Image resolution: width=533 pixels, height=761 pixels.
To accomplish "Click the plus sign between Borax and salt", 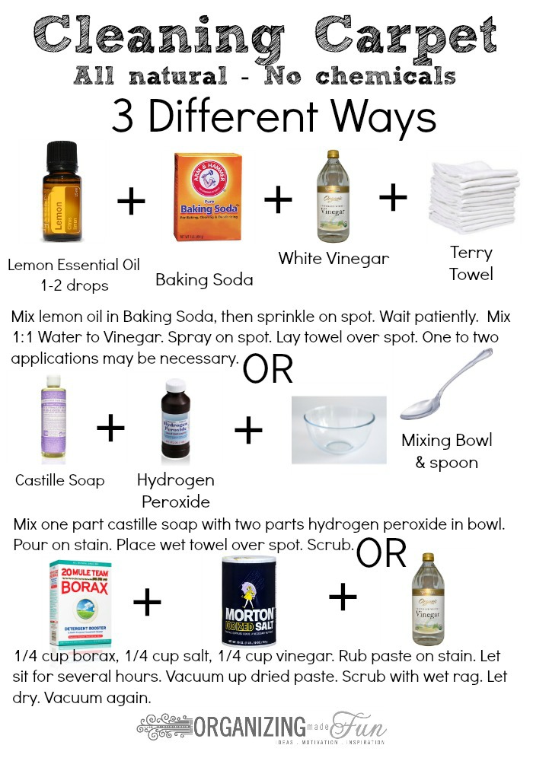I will tap(147, 603).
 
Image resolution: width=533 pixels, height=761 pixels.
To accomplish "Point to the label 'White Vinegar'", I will tap(334, 258).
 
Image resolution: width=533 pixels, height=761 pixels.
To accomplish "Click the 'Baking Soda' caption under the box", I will tap(204, 279).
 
